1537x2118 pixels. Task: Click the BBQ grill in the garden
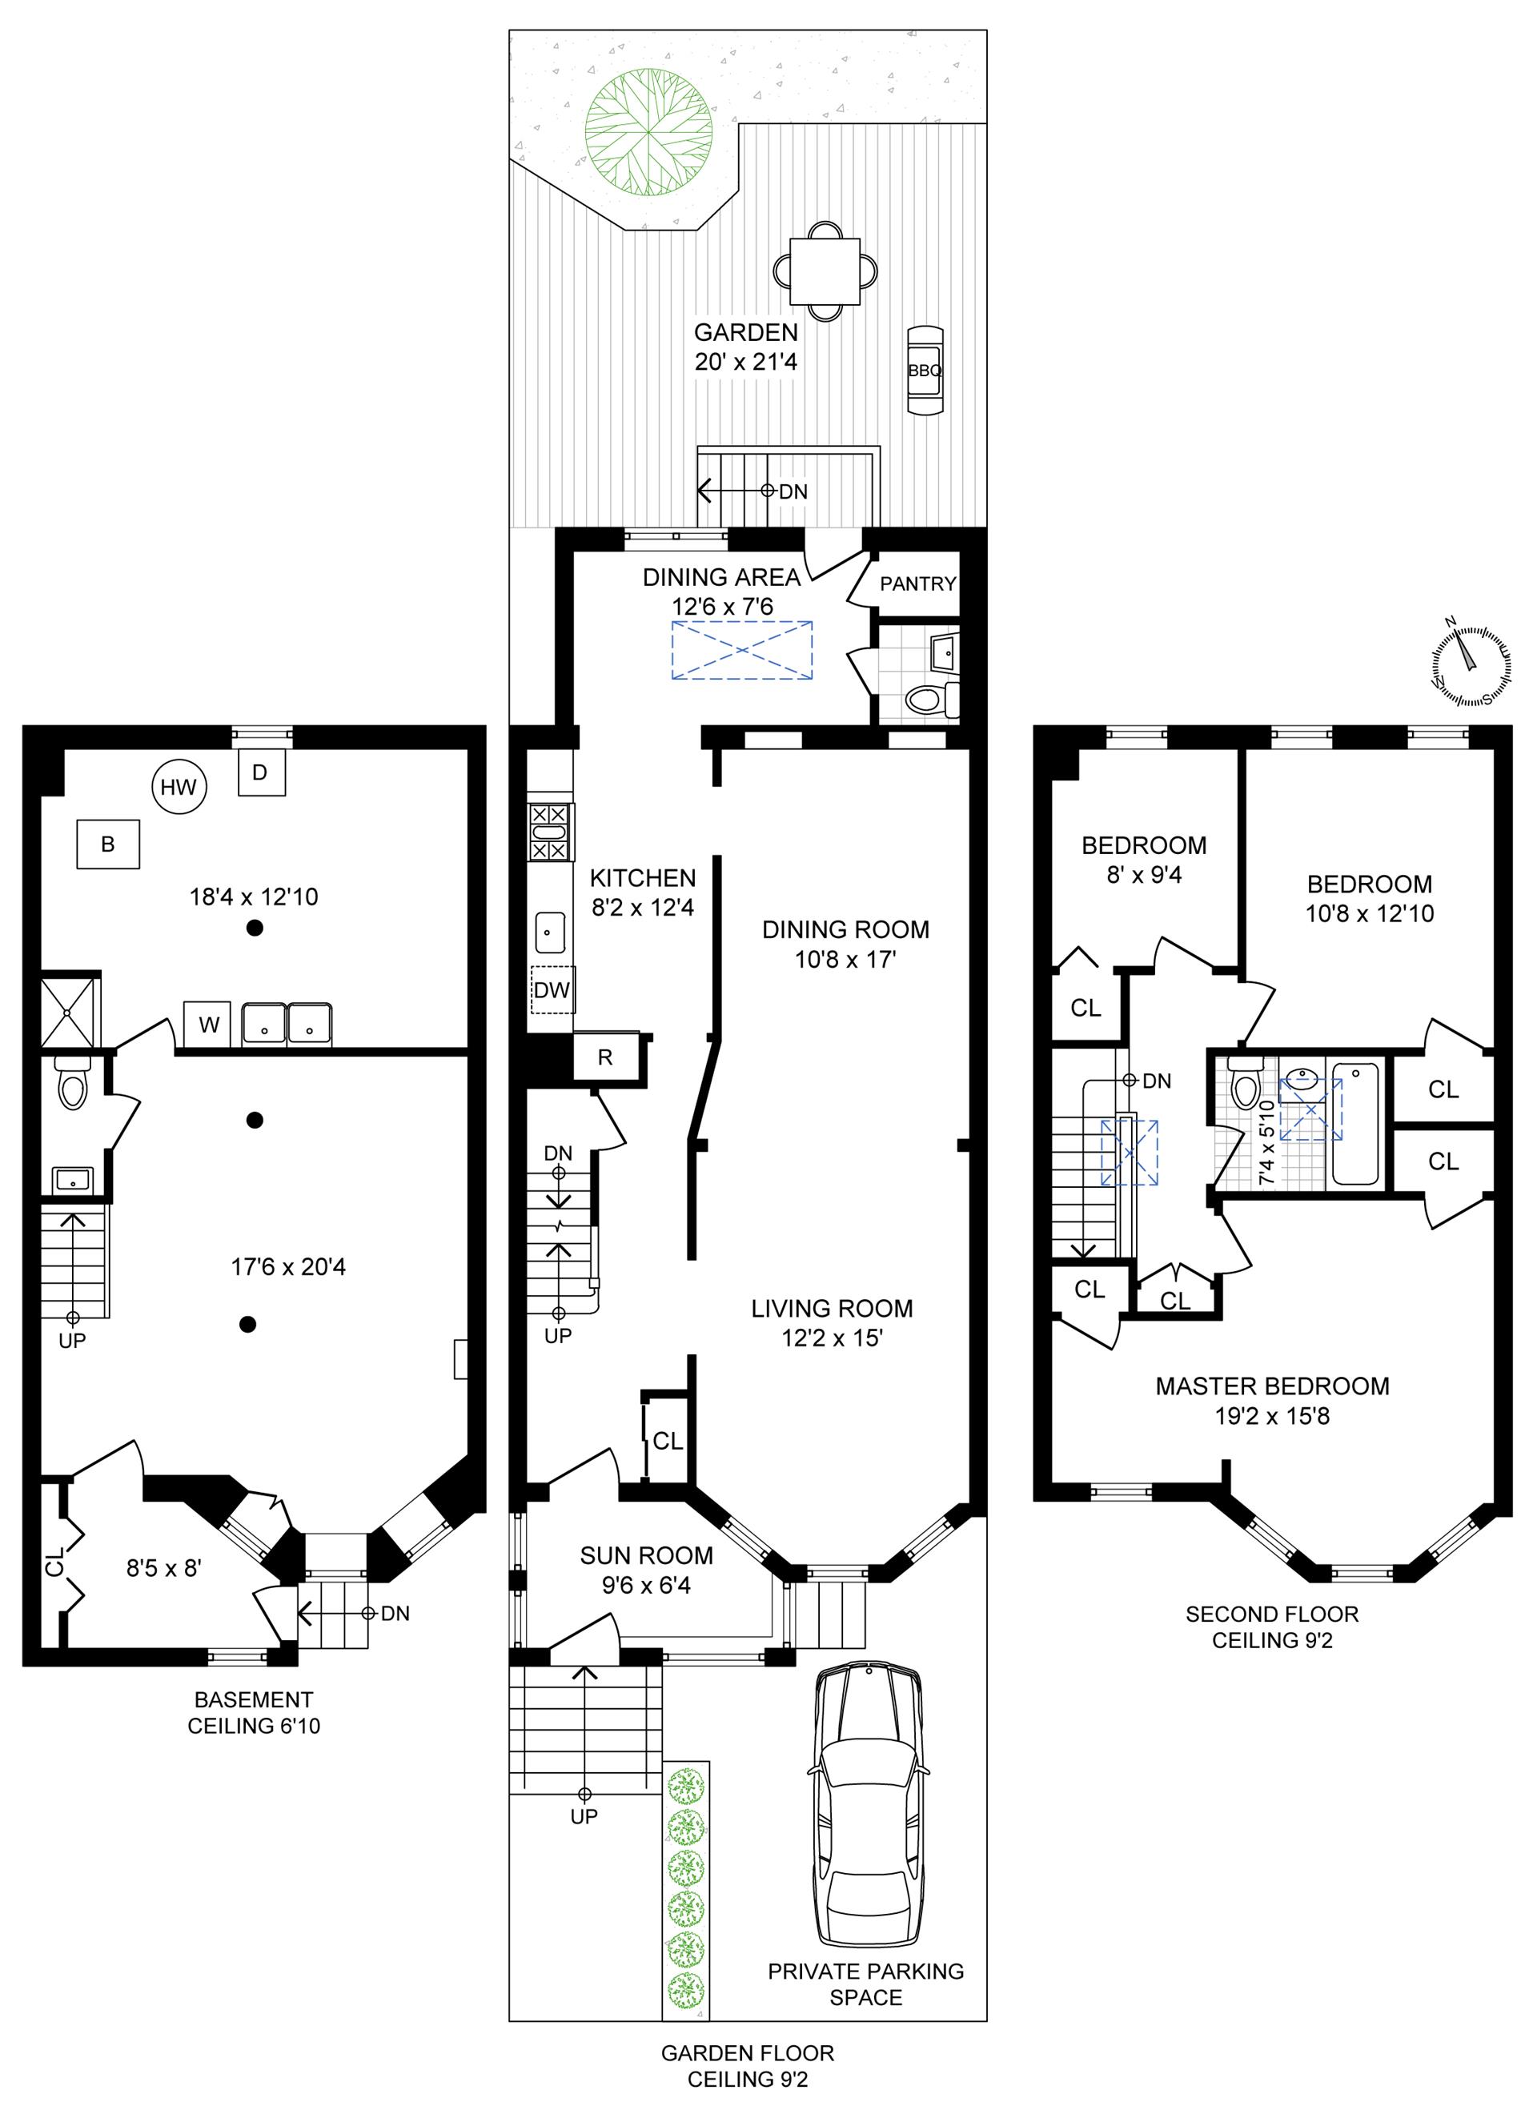925,371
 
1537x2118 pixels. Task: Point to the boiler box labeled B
108,844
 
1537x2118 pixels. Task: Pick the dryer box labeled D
260,772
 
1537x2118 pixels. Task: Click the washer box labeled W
207,1025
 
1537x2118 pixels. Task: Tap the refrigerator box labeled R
605,1057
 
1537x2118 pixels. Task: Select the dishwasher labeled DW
552,989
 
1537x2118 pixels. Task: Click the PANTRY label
918,584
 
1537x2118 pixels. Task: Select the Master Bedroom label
1272,1386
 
